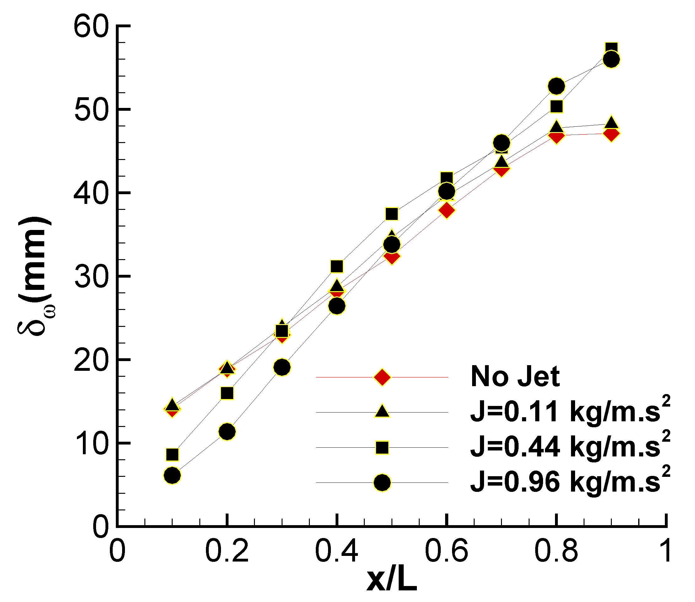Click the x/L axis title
[391, 580]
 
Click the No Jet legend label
[515, 377]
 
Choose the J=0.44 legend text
[570, 447]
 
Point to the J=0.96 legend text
[570, 482]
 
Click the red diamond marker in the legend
[382, 377]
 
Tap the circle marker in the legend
[382, 483]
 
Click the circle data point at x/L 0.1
[172, 475]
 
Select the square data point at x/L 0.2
[227, 393]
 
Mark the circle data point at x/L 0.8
[557, 86]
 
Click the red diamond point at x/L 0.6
[446, 210]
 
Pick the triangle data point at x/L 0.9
[611, 122]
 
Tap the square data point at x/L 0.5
[391, 214]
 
